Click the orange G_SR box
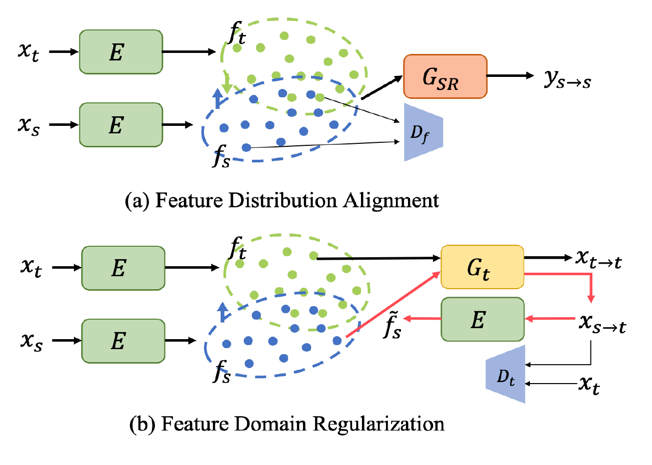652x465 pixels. tap(444, 76)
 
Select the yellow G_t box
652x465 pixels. tap(482, 267)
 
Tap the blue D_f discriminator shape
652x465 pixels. tap(422, 132)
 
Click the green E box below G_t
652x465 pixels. tap(482, 320)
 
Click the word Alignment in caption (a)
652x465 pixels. tap(391, 200)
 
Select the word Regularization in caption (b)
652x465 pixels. tap(378, 424)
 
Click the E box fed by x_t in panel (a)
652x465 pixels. tap(120, 52)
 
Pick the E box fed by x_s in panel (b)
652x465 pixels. tap(123, 341)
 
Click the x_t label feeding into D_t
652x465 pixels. tap(589, 384)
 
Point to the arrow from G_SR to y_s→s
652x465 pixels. tap(510, 76)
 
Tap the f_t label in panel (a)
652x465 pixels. tap(237, 34)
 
